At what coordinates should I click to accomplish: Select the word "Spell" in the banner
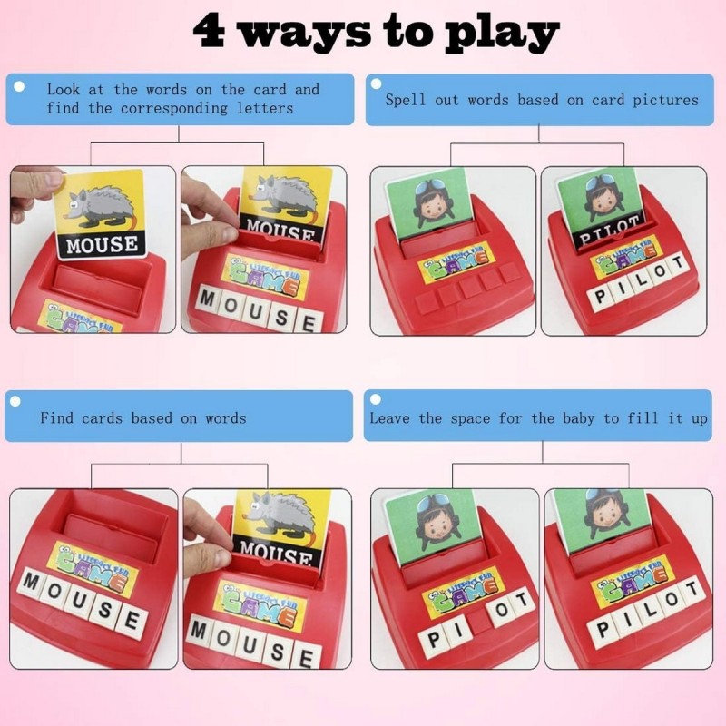407,100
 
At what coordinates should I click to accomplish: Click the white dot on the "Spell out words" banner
376,84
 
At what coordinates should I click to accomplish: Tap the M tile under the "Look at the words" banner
207,300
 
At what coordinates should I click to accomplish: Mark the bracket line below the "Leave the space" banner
543,465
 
